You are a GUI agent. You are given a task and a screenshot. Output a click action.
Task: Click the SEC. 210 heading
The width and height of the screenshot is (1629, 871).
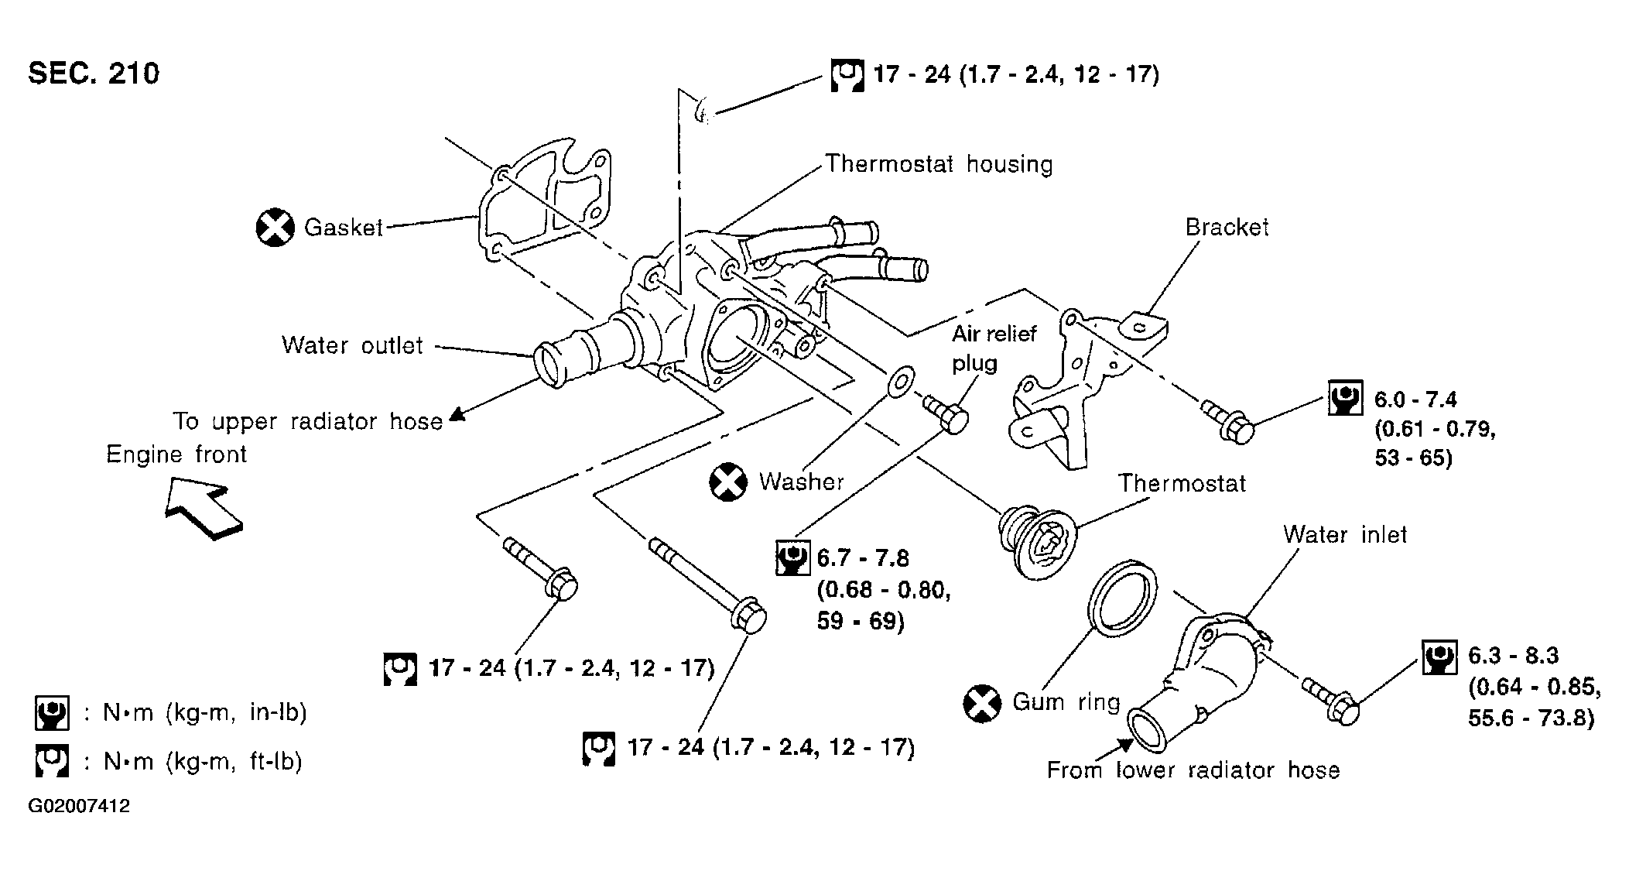click(94, 74)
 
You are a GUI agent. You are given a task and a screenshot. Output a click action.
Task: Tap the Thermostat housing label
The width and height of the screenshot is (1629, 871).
click(939, 164)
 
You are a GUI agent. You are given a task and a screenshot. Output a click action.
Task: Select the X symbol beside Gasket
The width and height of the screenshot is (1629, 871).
click(275, 228)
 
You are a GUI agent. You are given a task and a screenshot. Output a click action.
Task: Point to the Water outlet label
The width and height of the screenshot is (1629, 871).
click(352, 345)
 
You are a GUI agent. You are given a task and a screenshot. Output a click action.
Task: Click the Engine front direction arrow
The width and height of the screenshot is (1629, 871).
click(204, 507)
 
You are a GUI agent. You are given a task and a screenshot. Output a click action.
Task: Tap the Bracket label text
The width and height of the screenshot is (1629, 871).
click(1227, 227)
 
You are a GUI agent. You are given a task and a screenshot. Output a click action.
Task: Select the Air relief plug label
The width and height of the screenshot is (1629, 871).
click(993, 348)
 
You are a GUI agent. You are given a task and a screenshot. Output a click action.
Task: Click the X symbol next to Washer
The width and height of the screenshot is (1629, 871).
click(728, 482)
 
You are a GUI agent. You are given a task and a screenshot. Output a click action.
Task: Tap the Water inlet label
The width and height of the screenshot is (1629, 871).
click(1344, 534)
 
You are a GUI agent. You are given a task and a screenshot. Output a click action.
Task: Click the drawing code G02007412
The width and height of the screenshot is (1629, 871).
click(79, 807)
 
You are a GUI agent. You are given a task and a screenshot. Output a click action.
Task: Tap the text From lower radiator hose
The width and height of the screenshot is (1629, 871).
click(1193, 770)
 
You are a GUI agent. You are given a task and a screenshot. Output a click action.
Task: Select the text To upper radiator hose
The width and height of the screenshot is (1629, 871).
click(308, 421)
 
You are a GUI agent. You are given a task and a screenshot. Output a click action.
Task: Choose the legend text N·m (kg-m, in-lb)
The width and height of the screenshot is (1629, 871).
click(205, 712)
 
